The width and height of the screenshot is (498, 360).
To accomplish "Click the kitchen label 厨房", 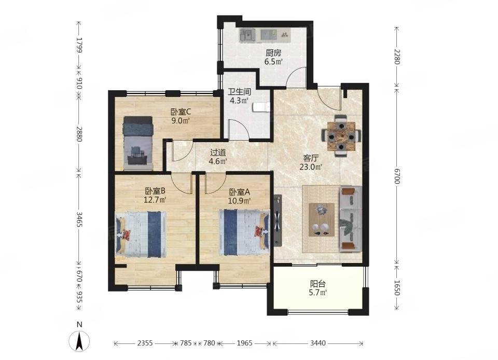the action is click(x=273, y=53).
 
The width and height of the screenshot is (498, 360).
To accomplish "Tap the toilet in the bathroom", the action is click(x=261, y=107).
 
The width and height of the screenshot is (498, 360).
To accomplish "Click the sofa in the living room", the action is click(x=351, y=219).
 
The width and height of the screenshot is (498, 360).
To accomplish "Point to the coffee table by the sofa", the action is click(x=322, y=219).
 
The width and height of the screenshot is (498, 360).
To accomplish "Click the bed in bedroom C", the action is click(x=139, y=143).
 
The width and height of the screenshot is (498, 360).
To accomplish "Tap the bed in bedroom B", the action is click(x=141, y=234).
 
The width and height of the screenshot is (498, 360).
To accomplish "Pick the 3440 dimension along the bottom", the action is click(x=318, y=343).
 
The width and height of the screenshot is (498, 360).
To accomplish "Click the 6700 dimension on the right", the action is click(x=397, y=176).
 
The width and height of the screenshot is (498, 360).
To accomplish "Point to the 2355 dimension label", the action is click(x=145, y=343).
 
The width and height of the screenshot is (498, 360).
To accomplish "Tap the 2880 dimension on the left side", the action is click(x=79, y=134).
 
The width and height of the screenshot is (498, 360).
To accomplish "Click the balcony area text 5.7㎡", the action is click(x=318, y=293).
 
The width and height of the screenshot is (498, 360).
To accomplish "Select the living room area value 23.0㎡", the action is click(x=311, y=167).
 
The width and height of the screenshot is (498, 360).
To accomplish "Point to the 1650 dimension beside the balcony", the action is click(x=397, y=288).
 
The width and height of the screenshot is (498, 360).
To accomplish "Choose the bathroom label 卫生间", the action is click(x=240, y=92).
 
